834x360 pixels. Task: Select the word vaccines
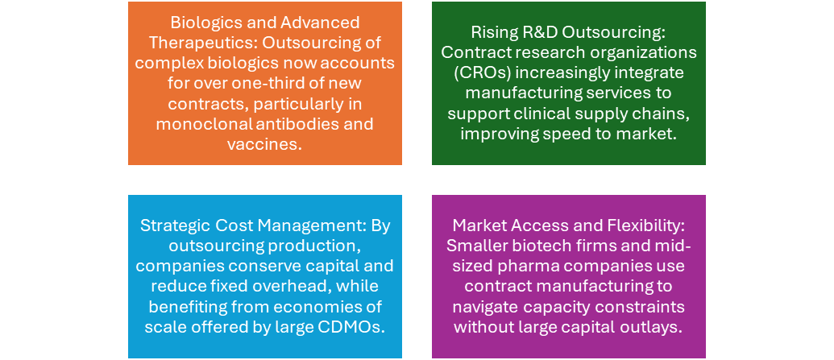pyautogui.click(x=265, y=144)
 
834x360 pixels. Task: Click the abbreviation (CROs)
pyautogui.click(x=477, y=72)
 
